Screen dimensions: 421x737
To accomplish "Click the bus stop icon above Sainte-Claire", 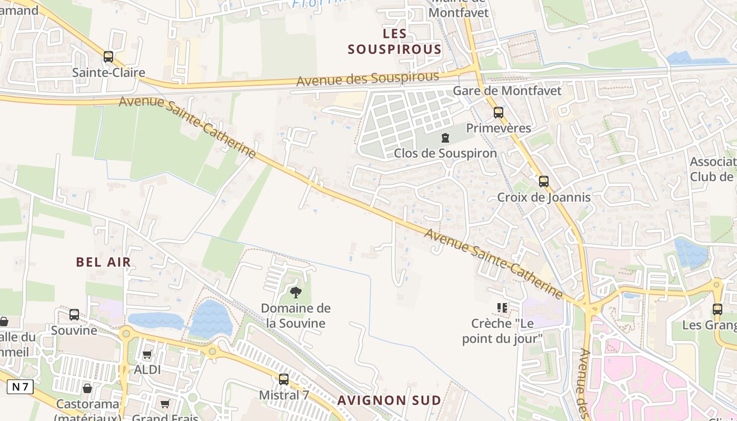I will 108,57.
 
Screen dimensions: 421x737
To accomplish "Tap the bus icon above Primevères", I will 498,113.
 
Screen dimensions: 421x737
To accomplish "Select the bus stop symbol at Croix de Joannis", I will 543,182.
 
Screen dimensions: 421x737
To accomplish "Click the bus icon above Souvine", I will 74,315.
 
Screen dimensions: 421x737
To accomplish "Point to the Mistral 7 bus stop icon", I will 284,379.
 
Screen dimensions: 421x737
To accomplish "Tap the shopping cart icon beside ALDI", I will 147,355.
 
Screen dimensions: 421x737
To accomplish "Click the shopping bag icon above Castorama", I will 87,389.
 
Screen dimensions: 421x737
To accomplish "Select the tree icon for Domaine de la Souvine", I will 296,293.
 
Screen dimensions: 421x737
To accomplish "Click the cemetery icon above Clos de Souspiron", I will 445,138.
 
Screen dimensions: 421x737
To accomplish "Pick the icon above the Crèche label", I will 501,307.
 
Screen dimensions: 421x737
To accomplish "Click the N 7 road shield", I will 20,387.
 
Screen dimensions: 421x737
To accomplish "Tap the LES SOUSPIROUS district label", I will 395,42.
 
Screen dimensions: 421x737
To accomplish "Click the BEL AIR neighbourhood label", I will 103,262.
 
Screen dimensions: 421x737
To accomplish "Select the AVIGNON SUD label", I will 389,400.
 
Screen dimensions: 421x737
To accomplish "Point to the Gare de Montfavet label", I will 507,91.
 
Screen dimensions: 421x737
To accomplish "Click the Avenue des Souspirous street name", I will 367,79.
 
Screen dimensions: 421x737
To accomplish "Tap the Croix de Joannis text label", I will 544,198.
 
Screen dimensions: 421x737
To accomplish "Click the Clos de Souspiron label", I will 445,154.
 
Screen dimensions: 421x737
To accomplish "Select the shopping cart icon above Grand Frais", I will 165,404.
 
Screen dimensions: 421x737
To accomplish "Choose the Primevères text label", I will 499,128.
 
